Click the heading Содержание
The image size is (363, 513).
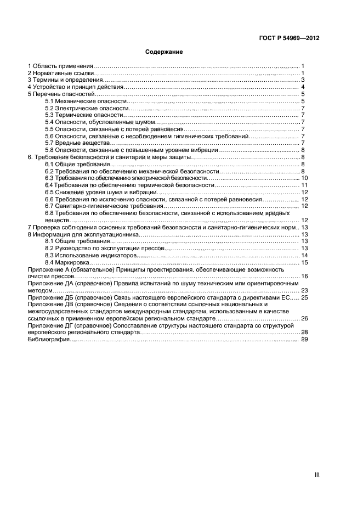coord(164,52)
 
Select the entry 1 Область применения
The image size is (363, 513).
coord(61,66)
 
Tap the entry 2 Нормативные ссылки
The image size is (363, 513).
coord(61,73)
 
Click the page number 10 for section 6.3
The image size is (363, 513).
coord(304,178)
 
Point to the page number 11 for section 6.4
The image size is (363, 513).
coord(304,185)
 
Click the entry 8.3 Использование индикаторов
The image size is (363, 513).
coord(90,255)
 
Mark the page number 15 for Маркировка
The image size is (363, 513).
coord(304,262)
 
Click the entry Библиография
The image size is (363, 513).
coord(49,340)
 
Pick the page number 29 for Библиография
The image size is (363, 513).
coord(304,340)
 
